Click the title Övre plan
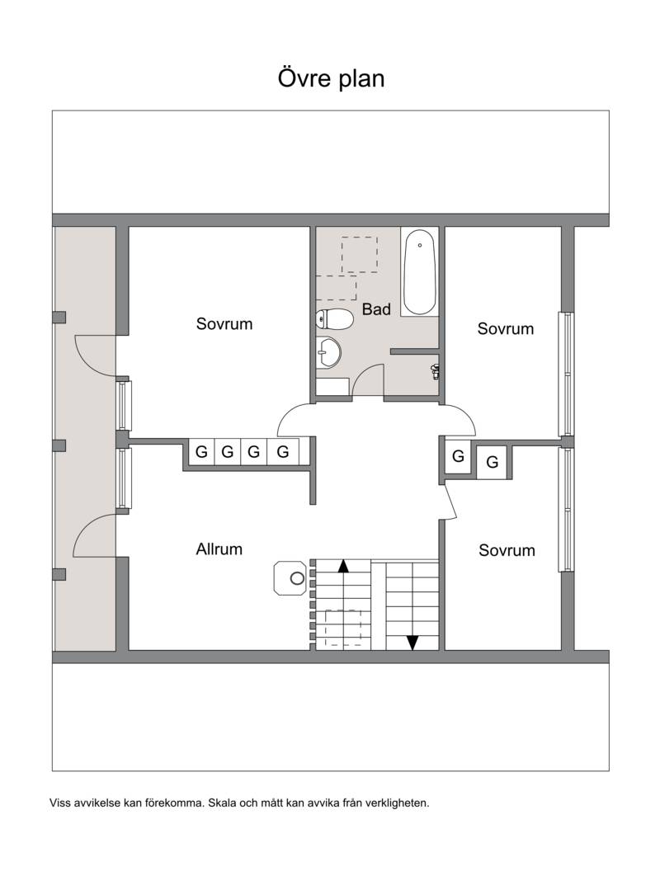331,78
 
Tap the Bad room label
376,309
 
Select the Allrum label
219,549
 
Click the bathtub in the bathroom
420,272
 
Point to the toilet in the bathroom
334,319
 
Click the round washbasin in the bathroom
328,352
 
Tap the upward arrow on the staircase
343,566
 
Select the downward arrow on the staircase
412,643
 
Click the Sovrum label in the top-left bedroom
224,324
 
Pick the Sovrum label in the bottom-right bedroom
507,550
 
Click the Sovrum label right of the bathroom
505,328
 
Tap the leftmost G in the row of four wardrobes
201,451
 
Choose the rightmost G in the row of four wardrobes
283,451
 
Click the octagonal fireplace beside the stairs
290,578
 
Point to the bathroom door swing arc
363,371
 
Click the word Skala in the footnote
222,803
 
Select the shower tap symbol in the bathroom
435,371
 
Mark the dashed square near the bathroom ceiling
360,255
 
